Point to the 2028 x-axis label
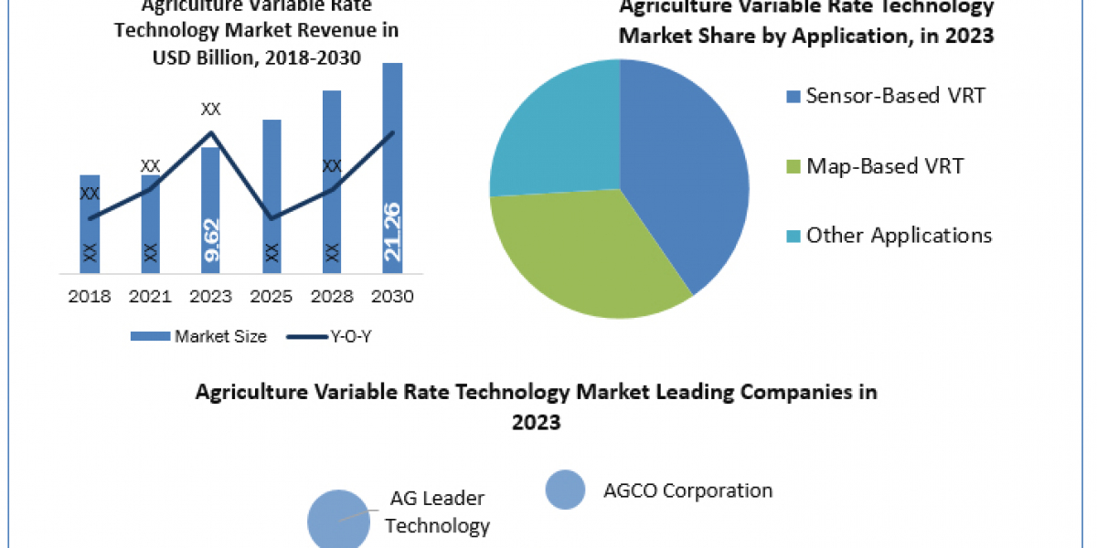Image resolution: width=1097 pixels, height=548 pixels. (x=332, y=297)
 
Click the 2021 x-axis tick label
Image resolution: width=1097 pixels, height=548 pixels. (x=150, y=297)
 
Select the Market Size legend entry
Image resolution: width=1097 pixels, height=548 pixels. (x=198, y=336)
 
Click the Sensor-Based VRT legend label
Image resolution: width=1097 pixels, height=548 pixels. (x=895, y=96)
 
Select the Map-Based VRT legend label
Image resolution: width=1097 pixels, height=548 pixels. (x=884, y=166)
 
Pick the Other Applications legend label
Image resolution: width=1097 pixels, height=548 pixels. (x=899, y=236)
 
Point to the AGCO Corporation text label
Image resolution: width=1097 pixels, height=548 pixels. (x=687, y=490)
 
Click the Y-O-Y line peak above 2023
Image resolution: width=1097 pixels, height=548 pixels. (x=211, y=133)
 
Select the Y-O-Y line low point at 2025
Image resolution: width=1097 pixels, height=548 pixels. (x=272, y=218)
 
